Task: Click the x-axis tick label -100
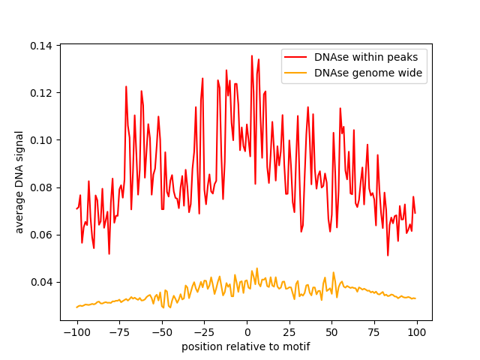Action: (76, 332)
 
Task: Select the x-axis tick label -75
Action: (119, 332)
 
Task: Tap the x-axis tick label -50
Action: (162, 332)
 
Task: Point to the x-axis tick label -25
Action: (204, 332)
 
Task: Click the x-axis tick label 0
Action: (247, 332)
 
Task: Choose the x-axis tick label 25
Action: (289, 332)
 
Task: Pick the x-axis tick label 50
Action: (332, 332)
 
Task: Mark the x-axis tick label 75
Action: (374, 332)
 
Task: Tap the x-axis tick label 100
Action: (417, 332)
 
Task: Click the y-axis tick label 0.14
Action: (42, 46)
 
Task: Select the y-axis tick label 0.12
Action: (42, 93)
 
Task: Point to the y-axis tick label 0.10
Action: (42, 140)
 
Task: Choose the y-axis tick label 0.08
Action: (42, 187)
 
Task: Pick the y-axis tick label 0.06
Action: (42, 235)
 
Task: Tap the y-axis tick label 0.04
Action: (42, 282)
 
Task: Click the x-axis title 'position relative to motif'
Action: (246, 346)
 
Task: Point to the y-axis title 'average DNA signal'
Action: (20, 181)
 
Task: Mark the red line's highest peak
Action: (252, 55)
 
